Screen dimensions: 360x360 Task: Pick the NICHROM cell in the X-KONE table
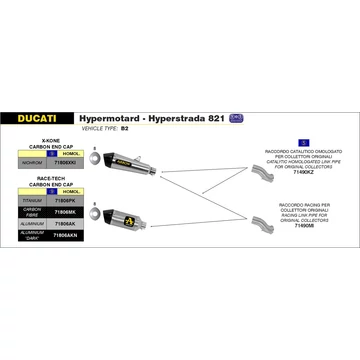(29, 162)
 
